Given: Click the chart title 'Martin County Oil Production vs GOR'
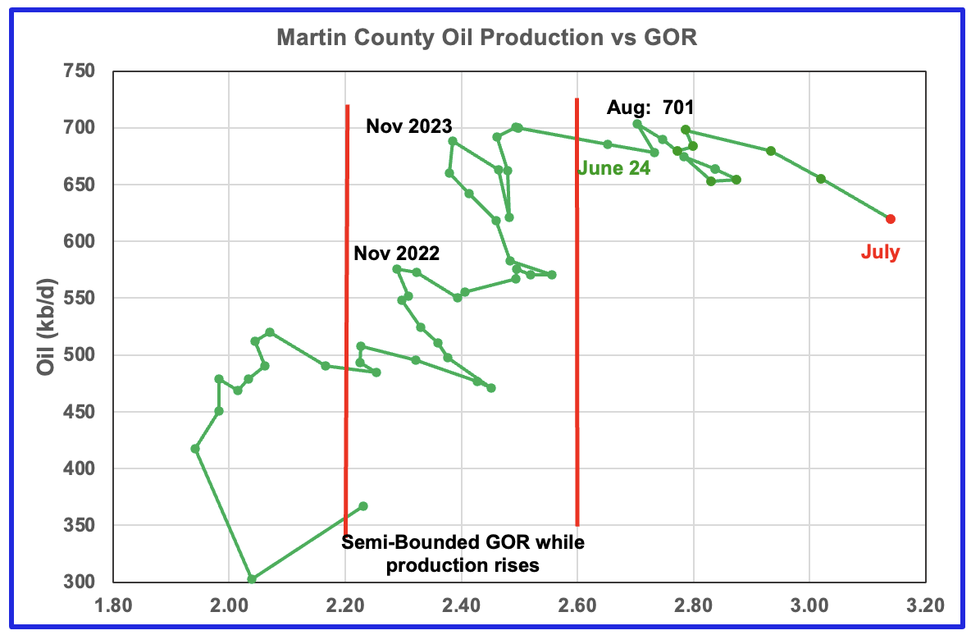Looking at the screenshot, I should coord(486,38).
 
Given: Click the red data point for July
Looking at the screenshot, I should coord(891,219).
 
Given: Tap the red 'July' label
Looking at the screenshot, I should coord(880,253).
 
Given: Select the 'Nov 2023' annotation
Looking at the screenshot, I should coord(409,126).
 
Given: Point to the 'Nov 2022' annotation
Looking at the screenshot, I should coord(397,254).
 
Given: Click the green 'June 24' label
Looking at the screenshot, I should coord(614,169).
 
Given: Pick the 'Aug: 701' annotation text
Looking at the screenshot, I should coord(650,107).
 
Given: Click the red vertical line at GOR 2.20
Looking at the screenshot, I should coord(347,328).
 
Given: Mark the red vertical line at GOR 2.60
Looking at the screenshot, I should coord(577,328).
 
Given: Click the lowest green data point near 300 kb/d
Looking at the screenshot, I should coord(252,579).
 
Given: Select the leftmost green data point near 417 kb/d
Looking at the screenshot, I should coord(195,449).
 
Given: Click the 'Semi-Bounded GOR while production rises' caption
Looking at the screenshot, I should coord(463,554).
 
